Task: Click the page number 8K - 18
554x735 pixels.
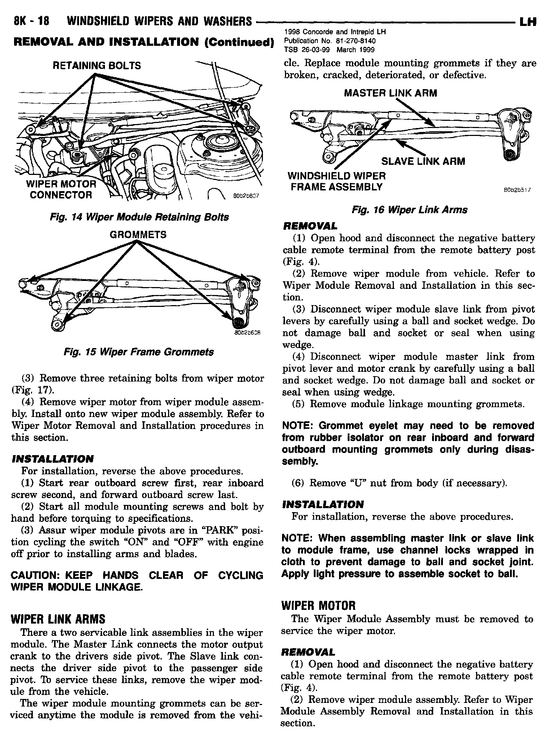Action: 31,22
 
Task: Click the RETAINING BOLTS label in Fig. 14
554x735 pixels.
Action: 97,66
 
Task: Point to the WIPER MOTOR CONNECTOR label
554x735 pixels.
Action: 61,190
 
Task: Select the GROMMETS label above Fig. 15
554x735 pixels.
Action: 138,235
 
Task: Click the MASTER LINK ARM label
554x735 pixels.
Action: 390,93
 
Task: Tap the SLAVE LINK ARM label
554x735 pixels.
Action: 423,161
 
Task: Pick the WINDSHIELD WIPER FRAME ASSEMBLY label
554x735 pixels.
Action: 337,181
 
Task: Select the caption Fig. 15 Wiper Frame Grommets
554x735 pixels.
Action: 138,352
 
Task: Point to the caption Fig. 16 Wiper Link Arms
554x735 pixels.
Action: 409,210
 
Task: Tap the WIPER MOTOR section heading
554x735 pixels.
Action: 318,605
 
